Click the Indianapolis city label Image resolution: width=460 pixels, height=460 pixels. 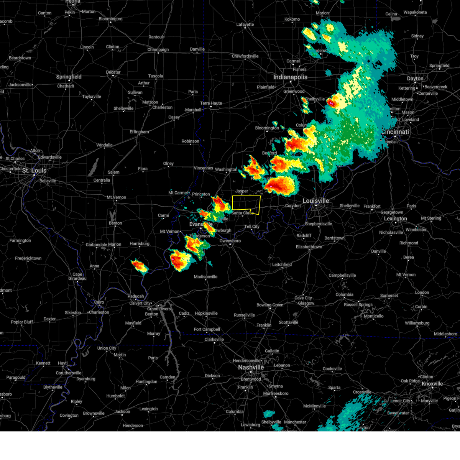[x=290, y=77]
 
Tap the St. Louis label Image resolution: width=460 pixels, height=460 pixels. [x=34, y=170]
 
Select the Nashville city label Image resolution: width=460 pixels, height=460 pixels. [x=251, y=367]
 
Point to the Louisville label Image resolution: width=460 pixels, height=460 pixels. [x=315, y=201]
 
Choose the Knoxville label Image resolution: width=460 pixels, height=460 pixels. [x=432, y=384]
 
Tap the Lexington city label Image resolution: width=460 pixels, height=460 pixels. [x=395, y=219]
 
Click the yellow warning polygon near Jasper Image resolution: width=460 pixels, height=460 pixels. [x=246, y=204]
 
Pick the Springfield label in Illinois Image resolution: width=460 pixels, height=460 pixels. [x=69, y=77]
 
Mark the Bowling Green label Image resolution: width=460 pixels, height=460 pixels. [x=270, y=305]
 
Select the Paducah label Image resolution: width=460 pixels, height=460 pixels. [x=136, y=296]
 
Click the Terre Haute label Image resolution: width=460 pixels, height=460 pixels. [x=211, y=103]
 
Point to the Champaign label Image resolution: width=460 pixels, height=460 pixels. [x=158, y=50]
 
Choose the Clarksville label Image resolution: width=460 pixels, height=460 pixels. [x=214, y=339]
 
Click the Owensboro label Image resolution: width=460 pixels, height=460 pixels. [x=230, y=241]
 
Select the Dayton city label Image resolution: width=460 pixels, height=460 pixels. [x=415, y=79]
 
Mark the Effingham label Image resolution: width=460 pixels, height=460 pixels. [x=139, y=132]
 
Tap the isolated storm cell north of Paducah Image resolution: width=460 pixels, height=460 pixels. [x=140, y=266]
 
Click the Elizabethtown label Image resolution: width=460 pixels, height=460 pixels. [x=309, y=247]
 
